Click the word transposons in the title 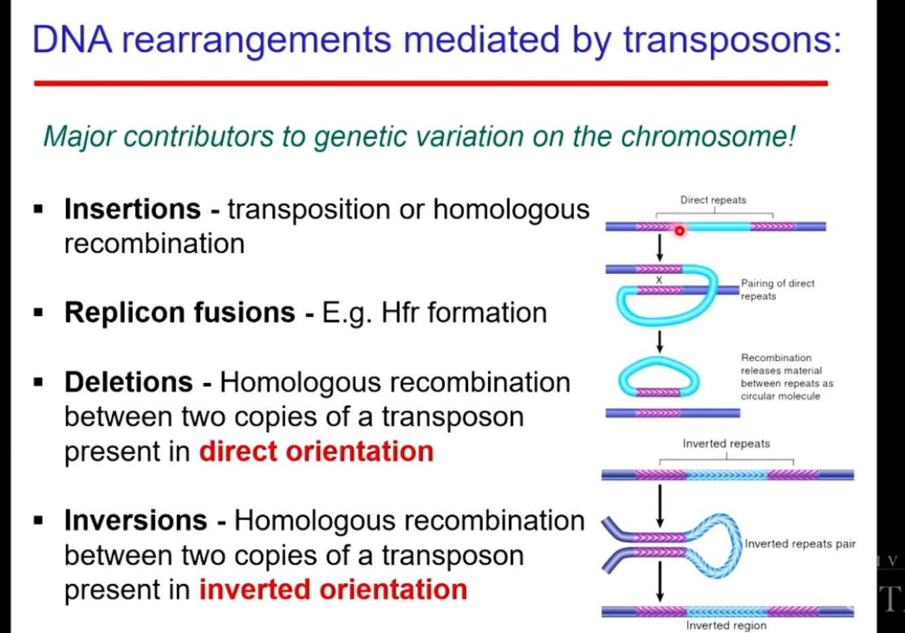click(x=731, y=39)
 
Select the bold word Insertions click(x=132, y=209)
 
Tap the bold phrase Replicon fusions click(x=180, y=313)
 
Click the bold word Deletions click(x=128, y=382)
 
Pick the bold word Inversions click(x=136, y=521)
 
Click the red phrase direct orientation click(x=316, y=451)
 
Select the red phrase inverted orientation click(x=333, y=590)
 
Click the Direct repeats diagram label click(x=713, y=200)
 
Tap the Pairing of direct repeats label click(x=777, y=289)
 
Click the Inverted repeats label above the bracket click(x=726, y=444)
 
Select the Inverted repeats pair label click(x=800, y=544)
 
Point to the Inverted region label click(x=726, y=626)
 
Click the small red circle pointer click(x=679, y=231)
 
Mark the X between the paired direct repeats click(x=659, y=280)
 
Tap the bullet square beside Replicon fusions click(x=39, y=313)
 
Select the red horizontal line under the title click(x=431, y=83)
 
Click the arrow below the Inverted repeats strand click(x=659, y=506)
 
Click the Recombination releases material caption click(x=786, y=377)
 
